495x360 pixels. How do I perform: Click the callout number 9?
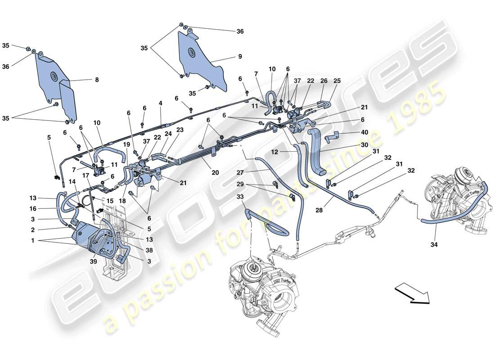tap(240, 57)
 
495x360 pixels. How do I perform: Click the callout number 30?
tap(364, 145)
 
